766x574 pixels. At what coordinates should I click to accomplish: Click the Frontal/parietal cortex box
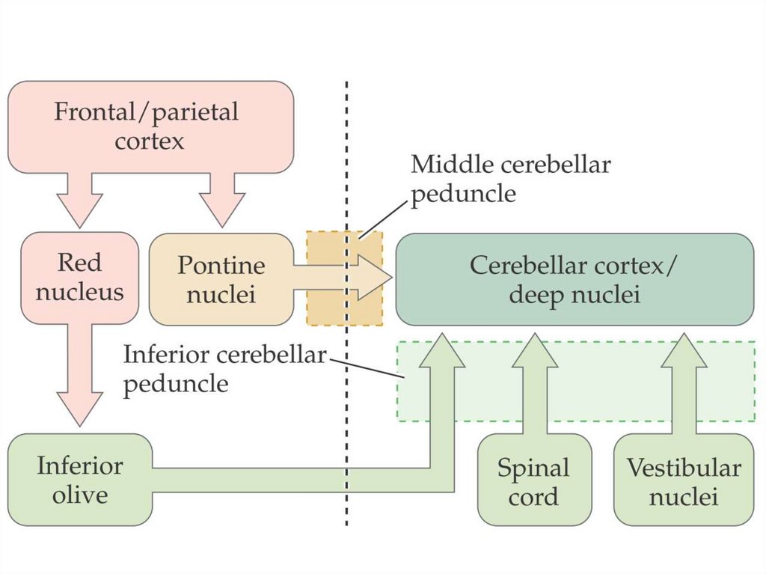(150, 126)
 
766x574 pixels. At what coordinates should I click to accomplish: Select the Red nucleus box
(79, 277)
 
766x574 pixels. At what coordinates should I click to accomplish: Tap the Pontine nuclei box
(221, 279)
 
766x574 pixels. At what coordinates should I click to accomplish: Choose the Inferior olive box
(79, 480)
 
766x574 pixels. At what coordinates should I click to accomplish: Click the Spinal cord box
(533, 482)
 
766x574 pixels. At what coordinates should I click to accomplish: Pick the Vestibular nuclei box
(683, 482)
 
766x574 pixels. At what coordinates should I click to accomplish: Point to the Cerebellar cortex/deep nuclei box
(574, 279)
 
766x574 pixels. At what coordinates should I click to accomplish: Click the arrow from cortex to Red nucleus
(79, 198)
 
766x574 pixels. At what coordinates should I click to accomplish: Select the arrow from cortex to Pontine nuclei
(222, 198)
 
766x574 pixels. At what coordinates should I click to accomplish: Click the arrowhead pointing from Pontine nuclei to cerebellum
(373, 278)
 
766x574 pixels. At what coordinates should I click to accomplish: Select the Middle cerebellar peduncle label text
(510, 179)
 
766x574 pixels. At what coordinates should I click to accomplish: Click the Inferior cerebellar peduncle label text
(224, 368)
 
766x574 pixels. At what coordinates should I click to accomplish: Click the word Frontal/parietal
(146, 112)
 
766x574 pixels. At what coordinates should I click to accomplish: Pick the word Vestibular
(683, 468)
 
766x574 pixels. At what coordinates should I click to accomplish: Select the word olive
(79, 495)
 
